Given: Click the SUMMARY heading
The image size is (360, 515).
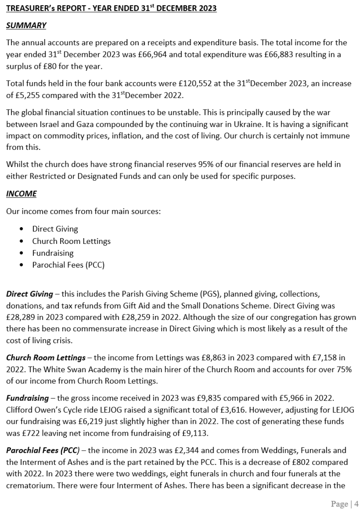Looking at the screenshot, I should [26, 25].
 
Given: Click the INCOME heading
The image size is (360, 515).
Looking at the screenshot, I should [21, 194].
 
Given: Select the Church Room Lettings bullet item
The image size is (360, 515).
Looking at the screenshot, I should [71, 241].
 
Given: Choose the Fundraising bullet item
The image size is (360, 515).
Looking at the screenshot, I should [53, 253].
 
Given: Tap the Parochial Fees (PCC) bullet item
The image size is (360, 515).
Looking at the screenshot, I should [68, 265].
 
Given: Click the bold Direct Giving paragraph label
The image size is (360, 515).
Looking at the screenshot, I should [29, 294].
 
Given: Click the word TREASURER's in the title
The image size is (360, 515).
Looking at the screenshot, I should [29, 9].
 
